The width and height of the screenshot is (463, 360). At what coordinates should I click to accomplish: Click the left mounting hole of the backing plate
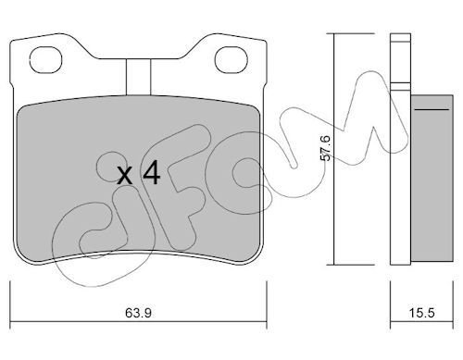[45, 60]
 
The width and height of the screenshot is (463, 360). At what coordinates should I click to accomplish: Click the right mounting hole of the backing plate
[231, 60]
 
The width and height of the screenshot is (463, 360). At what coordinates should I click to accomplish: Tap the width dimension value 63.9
[138, 313]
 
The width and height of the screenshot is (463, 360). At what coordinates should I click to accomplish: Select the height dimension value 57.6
[325, 148]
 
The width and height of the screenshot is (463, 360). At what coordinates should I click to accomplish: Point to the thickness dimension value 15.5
[421, 313]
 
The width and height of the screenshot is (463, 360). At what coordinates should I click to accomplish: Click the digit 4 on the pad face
[151, 172]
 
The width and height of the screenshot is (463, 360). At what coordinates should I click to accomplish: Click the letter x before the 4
[125, 176]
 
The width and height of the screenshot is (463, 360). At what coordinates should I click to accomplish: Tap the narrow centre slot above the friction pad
[138, 77]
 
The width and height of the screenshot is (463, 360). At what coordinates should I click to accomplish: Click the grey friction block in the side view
[432, 179]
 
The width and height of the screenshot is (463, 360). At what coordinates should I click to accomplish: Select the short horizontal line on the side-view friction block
[432, 109]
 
